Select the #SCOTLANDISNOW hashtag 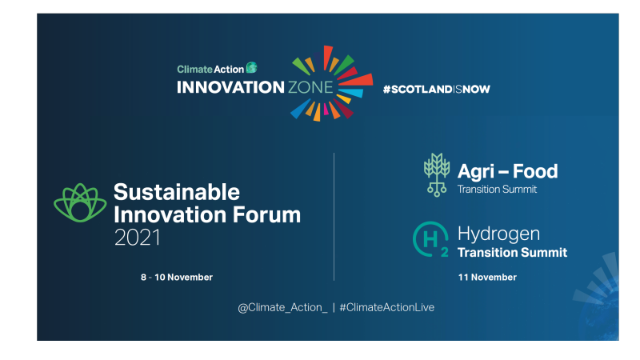tap(436, 89)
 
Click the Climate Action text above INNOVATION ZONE tap(210, 69)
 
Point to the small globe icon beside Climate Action tap(252, 68)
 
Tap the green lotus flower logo tap(80, 203)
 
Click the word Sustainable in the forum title tap(177, 192)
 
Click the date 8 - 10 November tap(177, 277)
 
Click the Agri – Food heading tap(507, 170)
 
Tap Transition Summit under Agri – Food tap(497, 190)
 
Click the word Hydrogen tap(498, 234)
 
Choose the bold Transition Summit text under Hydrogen tap(512, 253)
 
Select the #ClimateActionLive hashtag tap(386, 307)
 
